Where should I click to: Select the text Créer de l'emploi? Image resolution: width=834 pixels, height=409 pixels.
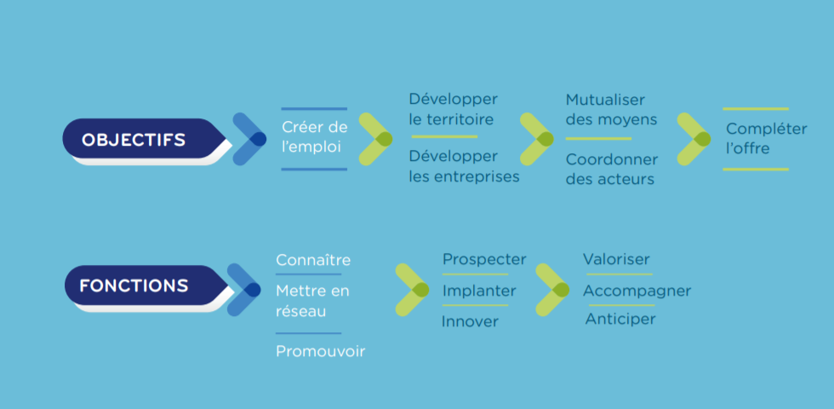point(314,137)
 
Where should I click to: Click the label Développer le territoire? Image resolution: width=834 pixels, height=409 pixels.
point(453,109)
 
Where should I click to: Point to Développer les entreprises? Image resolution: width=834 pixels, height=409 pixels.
point(464,166)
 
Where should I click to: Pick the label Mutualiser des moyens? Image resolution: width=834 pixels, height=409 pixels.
point(611,109)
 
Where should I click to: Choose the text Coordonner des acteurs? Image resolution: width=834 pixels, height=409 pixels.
point(612,169)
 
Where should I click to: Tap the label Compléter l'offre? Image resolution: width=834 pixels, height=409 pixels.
point(767,138)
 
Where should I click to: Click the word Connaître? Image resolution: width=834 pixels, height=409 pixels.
point(313,260)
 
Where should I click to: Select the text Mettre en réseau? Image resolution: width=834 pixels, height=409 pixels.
point(312,301)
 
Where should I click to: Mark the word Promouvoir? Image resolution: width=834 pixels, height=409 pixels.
point(320,351)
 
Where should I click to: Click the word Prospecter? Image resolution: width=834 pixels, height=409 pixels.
point(484,259)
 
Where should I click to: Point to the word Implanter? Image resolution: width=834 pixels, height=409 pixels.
point(479,291)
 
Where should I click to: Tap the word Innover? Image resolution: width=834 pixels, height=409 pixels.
point(470,322)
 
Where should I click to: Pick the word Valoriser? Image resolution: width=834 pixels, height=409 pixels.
point(616,259)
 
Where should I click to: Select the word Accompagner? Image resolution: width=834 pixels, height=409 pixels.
point(637,291)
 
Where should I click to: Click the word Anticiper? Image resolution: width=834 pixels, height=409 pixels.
point(620,319)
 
